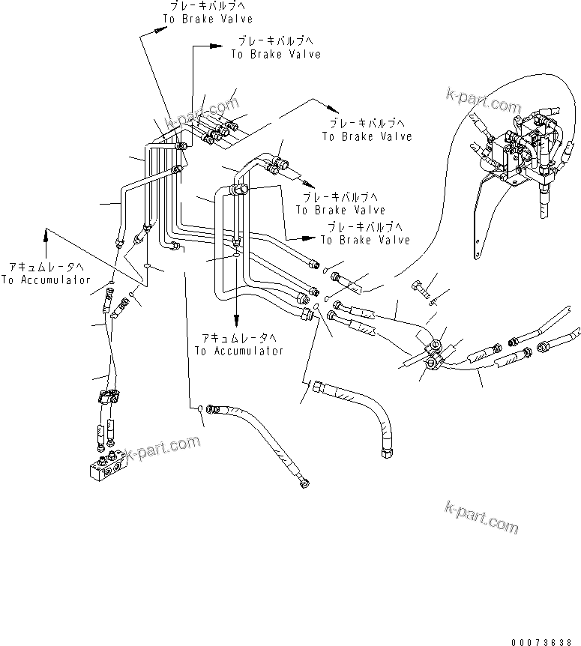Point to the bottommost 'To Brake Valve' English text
(365, 240)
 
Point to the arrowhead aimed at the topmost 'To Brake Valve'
(160, 31)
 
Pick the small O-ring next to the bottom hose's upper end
(199, 408)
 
